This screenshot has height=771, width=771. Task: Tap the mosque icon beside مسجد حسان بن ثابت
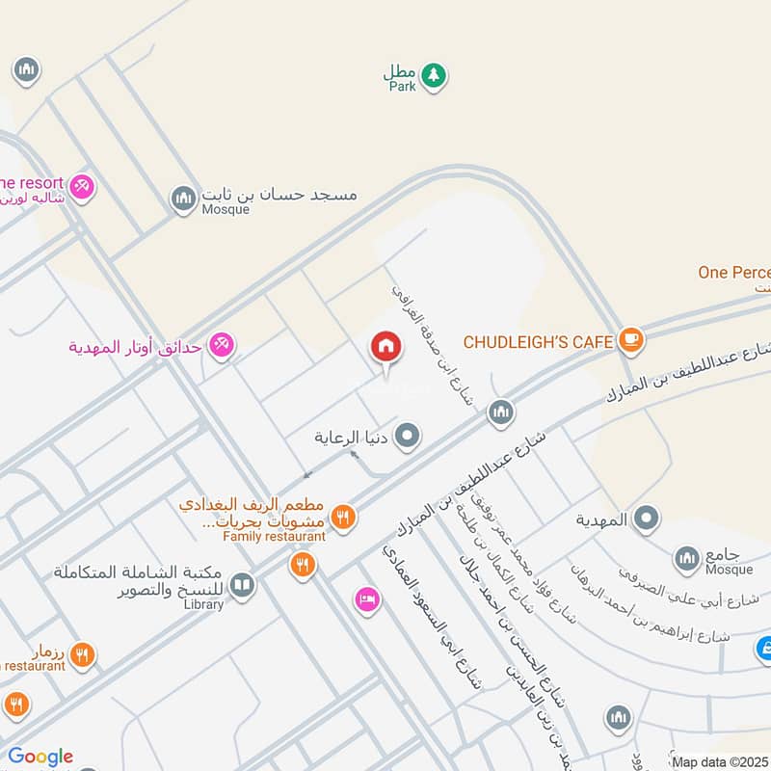pyautogui.click(x=182, y=199)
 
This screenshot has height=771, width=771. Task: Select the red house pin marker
pyautogui.click(x=385, y=348)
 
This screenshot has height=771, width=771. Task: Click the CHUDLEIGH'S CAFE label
pyautogui.click(x=538, y=341)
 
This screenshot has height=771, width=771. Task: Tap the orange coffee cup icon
pyautogui.click(x=631, y=338)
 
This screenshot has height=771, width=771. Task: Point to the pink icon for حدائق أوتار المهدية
pyautogui.click(x=222, y=344)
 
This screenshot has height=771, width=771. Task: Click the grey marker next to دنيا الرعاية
pyautogui.click(x=409, y=437)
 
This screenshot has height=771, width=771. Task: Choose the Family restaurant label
pyautogui.click(x=274, y=536)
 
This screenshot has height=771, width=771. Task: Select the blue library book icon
pyautogui.click(x=242, y=585)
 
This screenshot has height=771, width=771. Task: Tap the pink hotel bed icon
pyautogui.click(x=367, y=599)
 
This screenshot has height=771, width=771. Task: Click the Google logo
pyautogui.click(x=40, y=757)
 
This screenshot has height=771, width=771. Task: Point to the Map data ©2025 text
pyautogui.click(x=720, y=762)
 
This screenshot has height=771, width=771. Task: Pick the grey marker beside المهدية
pyautogui.click(x=646, y=518)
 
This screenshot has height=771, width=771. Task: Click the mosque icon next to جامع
pyautogui.click(x=686, y=557)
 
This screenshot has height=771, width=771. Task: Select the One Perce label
pyautogui.click(x=734, y=273)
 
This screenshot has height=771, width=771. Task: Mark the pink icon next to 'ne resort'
pyautogui.click(x=82, y=185)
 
